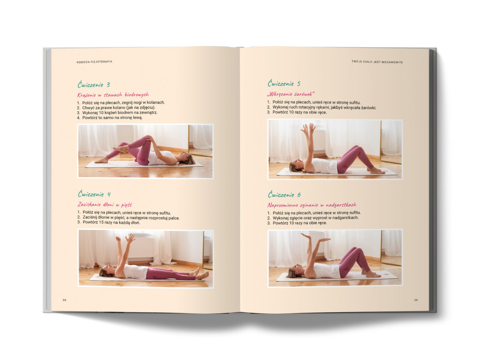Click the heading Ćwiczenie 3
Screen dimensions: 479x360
pyautogui.click(x=94, y=85)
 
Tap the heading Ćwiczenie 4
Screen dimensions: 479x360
pyautogui.click(x=94, y=194)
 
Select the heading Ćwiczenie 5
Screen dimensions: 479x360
pyautogui.click(x=284, y=83)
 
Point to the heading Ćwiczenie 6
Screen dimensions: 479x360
pyautogui.click(x=284, y=194)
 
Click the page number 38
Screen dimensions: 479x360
pyautogui.click(x=64, y=300)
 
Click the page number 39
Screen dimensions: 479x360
pyautogui.click(x=416, y=300)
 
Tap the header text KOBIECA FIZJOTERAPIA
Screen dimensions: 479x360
pyautogui.click(x=95, y=62)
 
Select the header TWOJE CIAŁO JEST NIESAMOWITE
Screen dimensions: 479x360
pyautogui.click(x=377, y=62)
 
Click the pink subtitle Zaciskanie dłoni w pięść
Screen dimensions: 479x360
pyautogui.click(x=105, y=205)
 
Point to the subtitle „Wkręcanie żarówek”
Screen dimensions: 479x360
pyautogui.click(x=291, y=94)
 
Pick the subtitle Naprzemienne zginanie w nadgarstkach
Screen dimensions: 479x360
pyautogui.click(x=312, y=205)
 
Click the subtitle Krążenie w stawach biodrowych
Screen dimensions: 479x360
pyautogui.click(x=113, y=95)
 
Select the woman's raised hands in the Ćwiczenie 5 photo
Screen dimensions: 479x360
pyautogui.click(x=308, y=129)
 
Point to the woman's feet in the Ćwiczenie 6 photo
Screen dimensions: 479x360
pyautogui.click(x=372, y=274)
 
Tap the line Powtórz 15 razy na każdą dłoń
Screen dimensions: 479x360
pyautogui.click(x=109, y=223)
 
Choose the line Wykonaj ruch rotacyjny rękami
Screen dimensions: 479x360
pyautogui.click(x=322, y=107)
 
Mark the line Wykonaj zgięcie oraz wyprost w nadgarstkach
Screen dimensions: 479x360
pyautogui.click(x=313, y=218)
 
